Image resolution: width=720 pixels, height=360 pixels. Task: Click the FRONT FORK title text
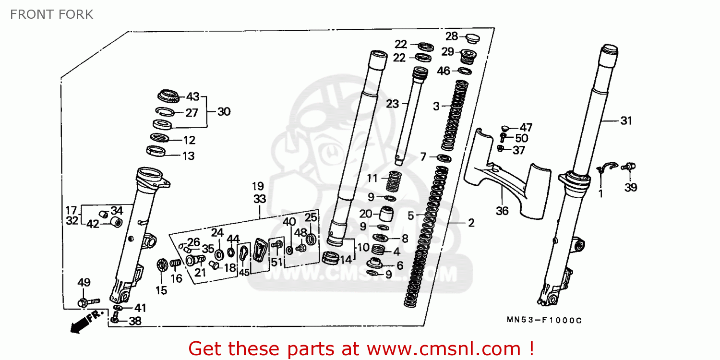[x=52, y=14]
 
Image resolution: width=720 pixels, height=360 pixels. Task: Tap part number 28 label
[x=451, y=36]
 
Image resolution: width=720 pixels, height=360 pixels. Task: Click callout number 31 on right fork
[x=626, y=121]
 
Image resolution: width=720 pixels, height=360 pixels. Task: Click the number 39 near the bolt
[x=631, y=188]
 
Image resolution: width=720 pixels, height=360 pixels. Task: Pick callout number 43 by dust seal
[x=192, y=97]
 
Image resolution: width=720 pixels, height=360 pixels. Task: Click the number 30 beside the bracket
[x=223, y=112]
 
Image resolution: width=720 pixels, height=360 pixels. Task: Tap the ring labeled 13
[x=157, y=152]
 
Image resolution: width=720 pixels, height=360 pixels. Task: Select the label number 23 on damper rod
[x=393, y=104]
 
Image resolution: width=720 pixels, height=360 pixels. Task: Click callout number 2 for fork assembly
[x=471, y=223]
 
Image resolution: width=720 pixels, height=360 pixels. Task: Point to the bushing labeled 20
[x=387, y=212]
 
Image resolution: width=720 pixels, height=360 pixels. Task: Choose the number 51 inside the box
[x=276, y=262]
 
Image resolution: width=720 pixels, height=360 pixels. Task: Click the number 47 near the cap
[x=526, y=128]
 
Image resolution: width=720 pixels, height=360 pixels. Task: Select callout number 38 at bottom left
[x=135, y=321]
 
